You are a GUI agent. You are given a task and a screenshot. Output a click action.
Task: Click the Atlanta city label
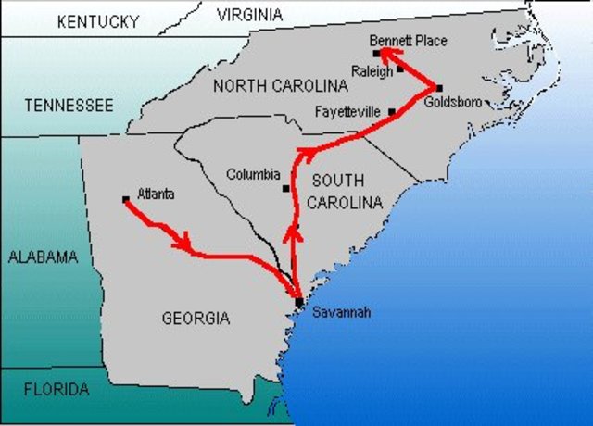[x=157, y=194]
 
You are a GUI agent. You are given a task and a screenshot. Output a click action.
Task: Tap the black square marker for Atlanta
[x=126, y=199]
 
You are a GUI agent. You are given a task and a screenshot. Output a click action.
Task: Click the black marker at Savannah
[x=298, y=302]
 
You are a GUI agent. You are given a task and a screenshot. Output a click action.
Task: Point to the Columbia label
[x=253, y=174]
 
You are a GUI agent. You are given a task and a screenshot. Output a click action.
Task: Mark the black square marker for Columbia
[x=286, y=188]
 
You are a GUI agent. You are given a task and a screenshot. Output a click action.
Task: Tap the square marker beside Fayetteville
[x=392, y=112]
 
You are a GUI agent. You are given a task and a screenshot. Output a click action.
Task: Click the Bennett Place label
[x=408, y=41]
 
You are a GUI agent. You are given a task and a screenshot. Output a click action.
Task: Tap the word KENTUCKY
[x=98, y=20]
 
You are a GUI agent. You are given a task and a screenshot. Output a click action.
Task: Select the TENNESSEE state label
[x=69, y=106]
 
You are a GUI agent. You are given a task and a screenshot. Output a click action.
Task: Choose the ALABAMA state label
[x=44, y=257]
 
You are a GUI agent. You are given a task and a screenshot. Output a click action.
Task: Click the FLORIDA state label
[x=57, y=389]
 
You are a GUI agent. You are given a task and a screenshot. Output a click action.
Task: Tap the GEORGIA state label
[x=196, y=319]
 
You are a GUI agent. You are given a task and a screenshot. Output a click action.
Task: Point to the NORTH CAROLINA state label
[x=281, y=86]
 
